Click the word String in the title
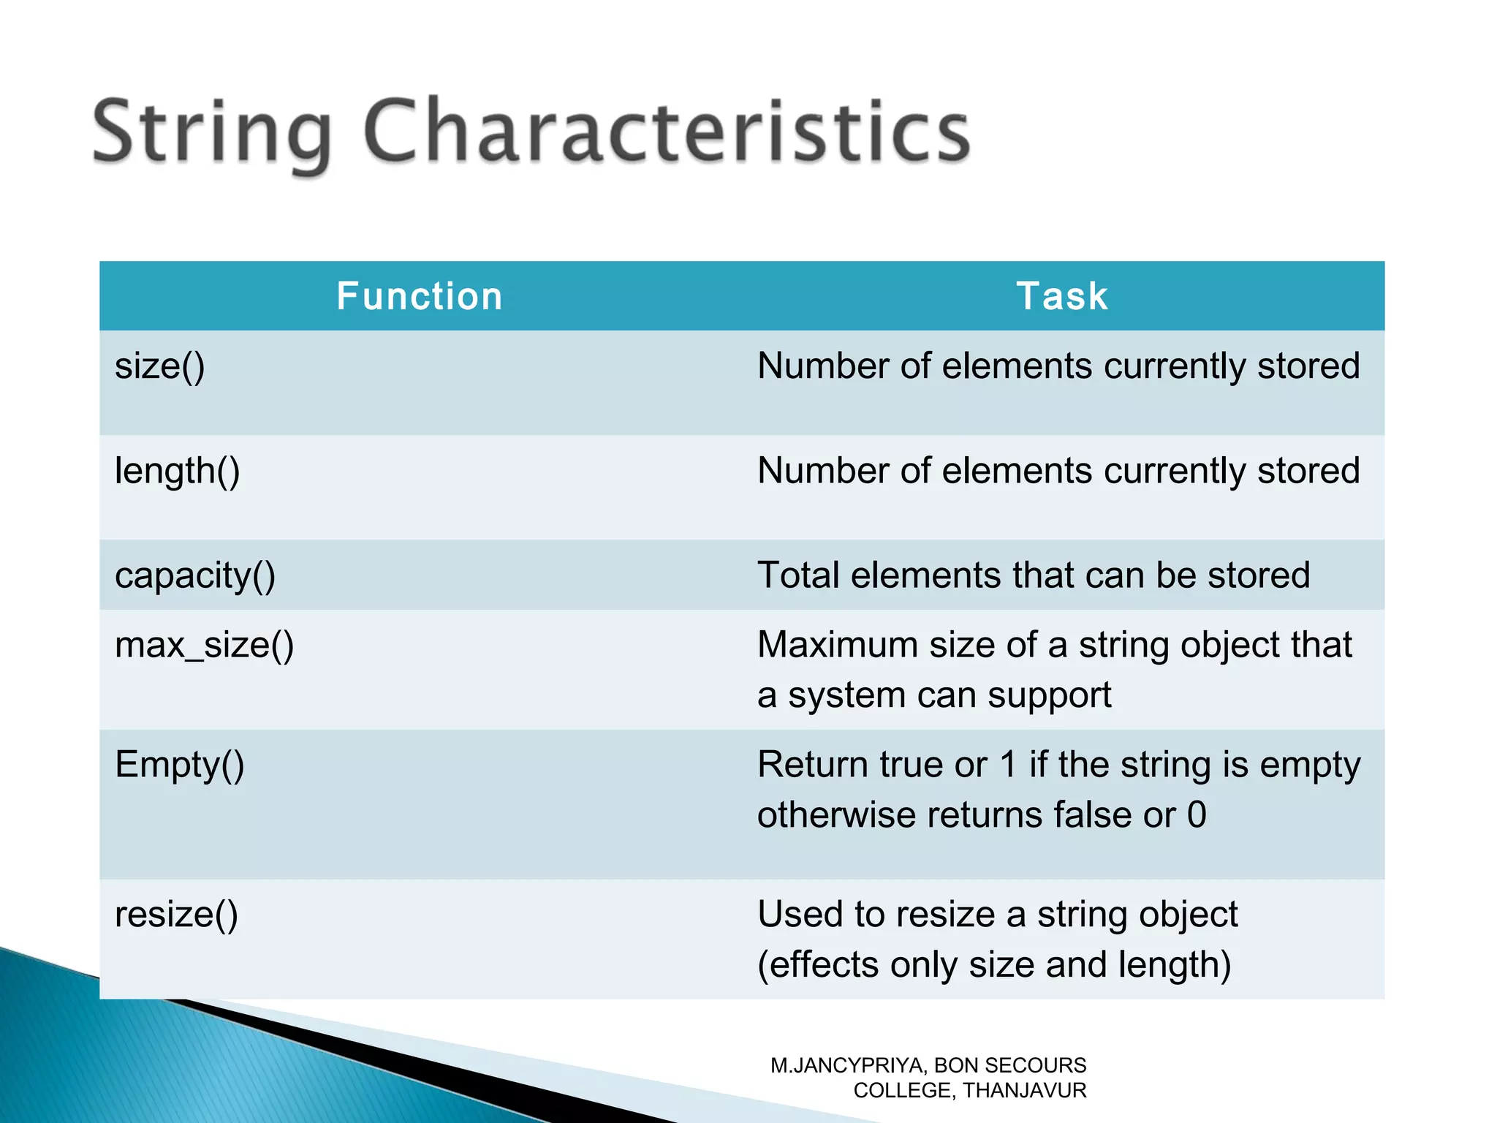pyautogui.click(x=212, y=133)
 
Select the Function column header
pyautogui.click(x=419, y=296)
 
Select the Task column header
pyautogui.click(x=1062, y=296)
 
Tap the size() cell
pyautogui.click(x=160, y=366)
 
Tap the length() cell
pyautogui.click(x=178, y=471)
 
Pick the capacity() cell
pyautogui.click(x=195, y=575)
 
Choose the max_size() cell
pyautogui.click(x=205, y=645)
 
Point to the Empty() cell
pyautogui.click(x=180, y=765)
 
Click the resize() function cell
pyautogui.click(x=177, y=915)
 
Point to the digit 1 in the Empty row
pyautogui.click(x=1008, y=765)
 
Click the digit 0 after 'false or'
pyautogui.click(x=1197, y=814)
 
